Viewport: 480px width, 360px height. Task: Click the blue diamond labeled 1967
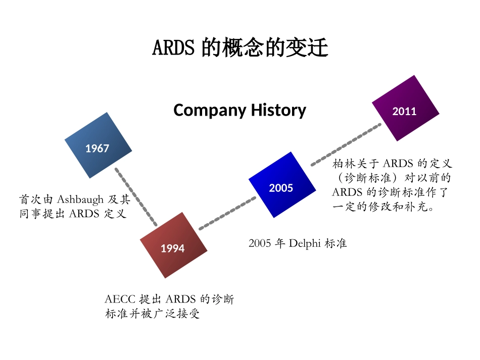(98, 145)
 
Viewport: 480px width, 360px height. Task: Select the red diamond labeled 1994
(173, 245)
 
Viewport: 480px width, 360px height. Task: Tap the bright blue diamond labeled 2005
(282, 185)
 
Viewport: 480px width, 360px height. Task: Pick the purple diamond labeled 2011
(405, 108)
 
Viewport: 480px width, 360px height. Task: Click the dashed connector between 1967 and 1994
(135, 197)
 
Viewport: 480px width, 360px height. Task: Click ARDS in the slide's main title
(173, 48)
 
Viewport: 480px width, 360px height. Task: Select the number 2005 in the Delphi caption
(260, 243)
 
